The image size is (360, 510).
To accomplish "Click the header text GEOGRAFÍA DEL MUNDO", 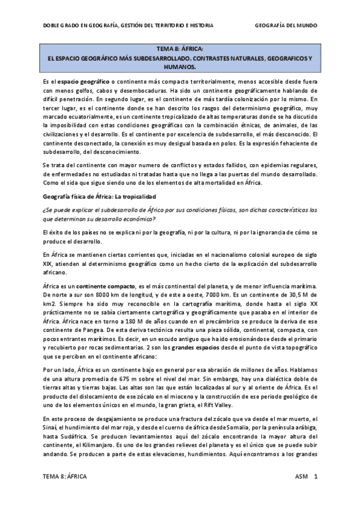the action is [x=286, y=26].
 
